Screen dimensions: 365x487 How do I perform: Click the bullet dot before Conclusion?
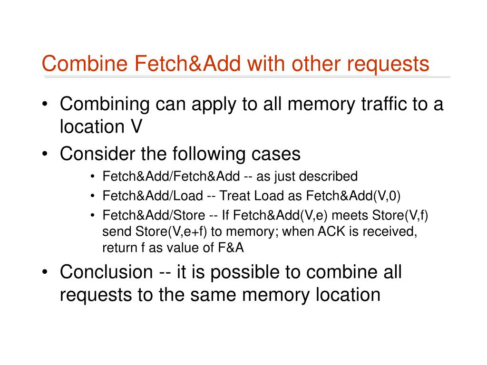(x=45, y=272)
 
